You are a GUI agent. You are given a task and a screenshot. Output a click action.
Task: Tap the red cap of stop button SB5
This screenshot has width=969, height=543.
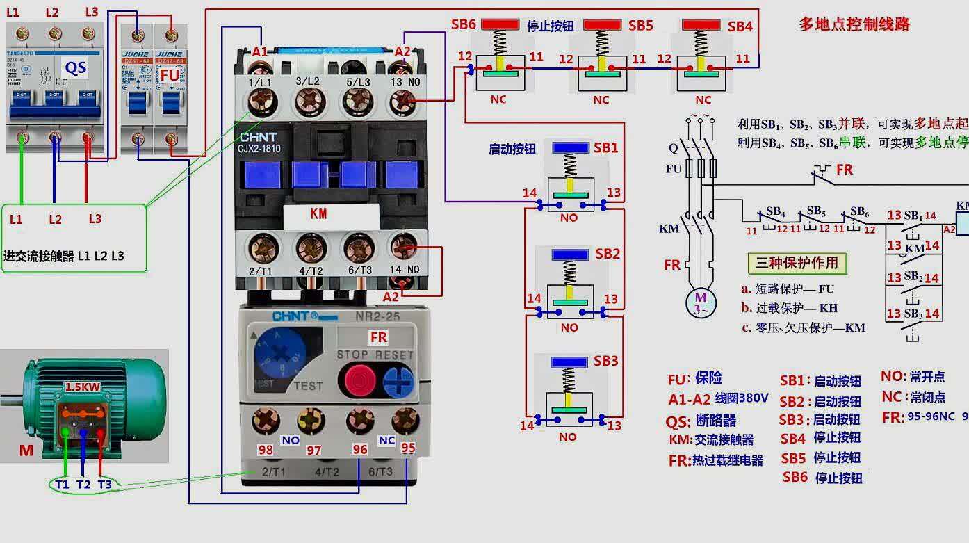[602, 25]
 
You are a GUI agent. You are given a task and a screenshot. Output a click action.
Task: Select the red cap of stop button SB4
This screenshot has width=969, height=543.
[701, 25]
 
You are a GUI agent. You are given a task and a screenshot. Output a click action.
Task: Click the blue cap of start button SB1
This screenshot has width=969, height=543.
[570, 147]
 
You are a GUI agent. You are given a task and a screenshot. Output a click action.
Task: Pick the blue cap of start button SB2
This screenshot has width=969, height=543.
[570, 254]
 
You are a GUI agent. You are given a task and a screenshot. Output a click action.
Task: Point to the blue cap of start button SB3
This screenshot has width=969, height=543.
[569, 362]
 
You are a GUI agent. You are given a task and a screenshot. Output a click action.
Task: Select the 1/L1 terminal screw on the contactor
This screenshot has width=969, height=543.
[261, 103]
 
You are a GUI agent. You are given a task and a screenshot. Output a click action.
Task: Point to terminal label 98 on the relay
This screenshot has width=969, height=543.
[266, 450]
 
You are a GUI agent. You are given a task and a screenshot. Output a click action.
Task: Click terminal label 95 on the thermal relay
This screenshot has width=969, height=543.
[408, 448]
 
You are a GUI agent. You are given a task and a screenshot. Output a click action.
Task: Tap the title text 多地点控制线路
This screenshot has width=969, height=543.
[854, 24]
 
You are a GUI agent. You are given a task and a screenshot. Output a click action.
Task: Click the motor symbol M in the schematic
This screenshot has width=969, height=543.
[701, 303]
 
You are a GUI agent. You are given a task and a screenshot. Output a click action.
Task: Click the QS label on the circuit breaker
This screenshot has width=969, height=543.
[76, 67]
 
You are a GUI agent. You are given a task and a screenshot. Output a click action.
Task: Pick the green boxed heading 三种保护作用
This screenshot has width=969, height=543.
[797, 264]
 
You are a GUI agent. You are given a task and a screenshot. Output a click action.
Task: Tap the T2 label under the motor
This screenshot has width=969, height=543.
[83, 485]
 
